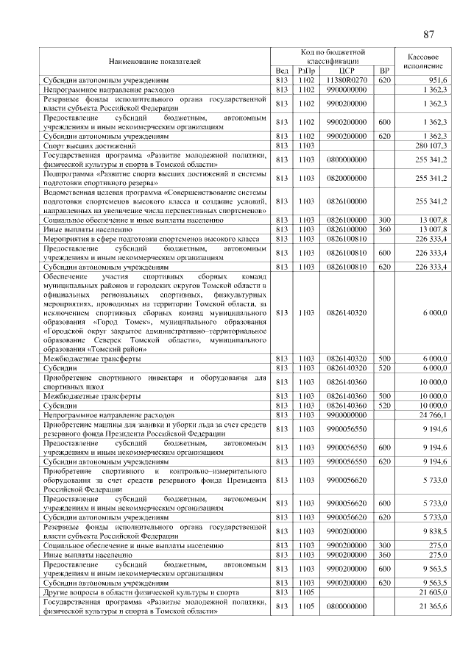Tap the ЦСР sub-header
(x=347, y=71)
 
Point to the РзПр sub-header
(x=306, y=71)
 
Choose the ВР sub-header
(x=383, y=71)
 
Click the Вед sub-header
(x=281, y=71)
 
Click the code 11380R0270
(x=347, y=79)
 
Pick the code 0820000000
(x=347, y=178)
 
